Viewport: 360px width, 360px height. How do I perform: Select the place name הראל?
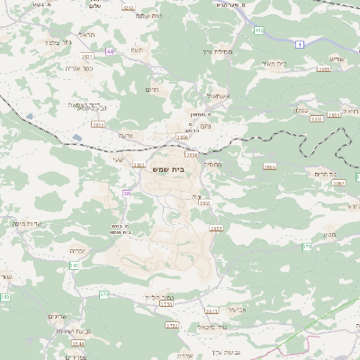[x=86, y=34]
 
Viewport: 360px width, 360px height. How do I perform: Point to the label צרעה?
[x=125, y=134]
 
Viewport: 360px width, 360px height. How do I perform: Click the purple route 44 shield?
[x=110, y=52]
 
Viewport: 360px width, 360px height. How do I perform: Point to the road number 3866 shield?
[x=270, y=166]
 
